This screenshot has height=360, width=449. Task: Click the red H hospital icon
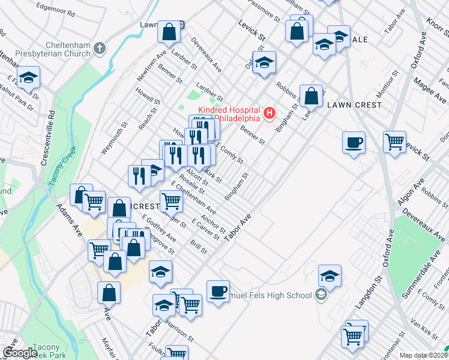coord(270,112)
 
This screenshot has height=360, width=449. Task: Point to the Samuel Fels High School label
coord(270,295)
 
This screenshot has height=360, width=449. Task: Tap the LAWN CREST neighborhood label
coord(354,105)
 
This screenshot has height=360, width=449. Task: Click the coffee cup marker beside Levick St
coord(354,143)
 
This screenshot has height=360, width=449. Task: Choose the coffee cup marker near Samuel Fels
coord(218,291)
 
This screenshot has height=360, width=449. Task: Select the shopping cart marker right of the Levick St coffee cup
coord(394,143)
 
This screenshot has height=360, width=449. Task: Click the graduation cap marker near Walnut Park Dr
coord(28,79)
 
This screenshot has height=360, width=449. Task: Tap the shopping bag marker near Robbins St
coord(312,95)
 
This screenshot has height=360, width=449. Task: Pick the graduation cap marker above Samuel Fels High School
coord(330,275)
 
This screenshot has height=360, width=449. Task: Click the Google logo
coord(20,353)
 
